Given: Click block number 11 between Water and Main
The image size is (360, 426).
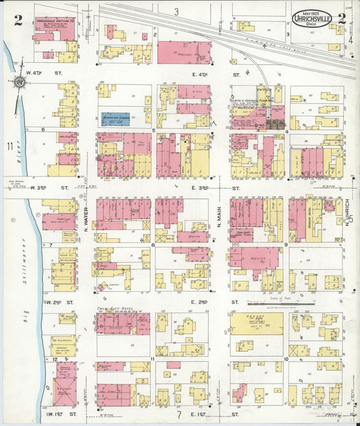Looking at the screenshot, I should pyautogui.click(x=153, y=358).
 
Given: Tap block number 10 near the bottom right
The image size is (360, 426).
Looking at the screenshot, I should pyautogui.click(x=286, y=358).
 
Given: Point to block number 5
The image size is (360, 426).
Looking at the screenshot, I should pyautogui.click(x=153, y=130).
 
